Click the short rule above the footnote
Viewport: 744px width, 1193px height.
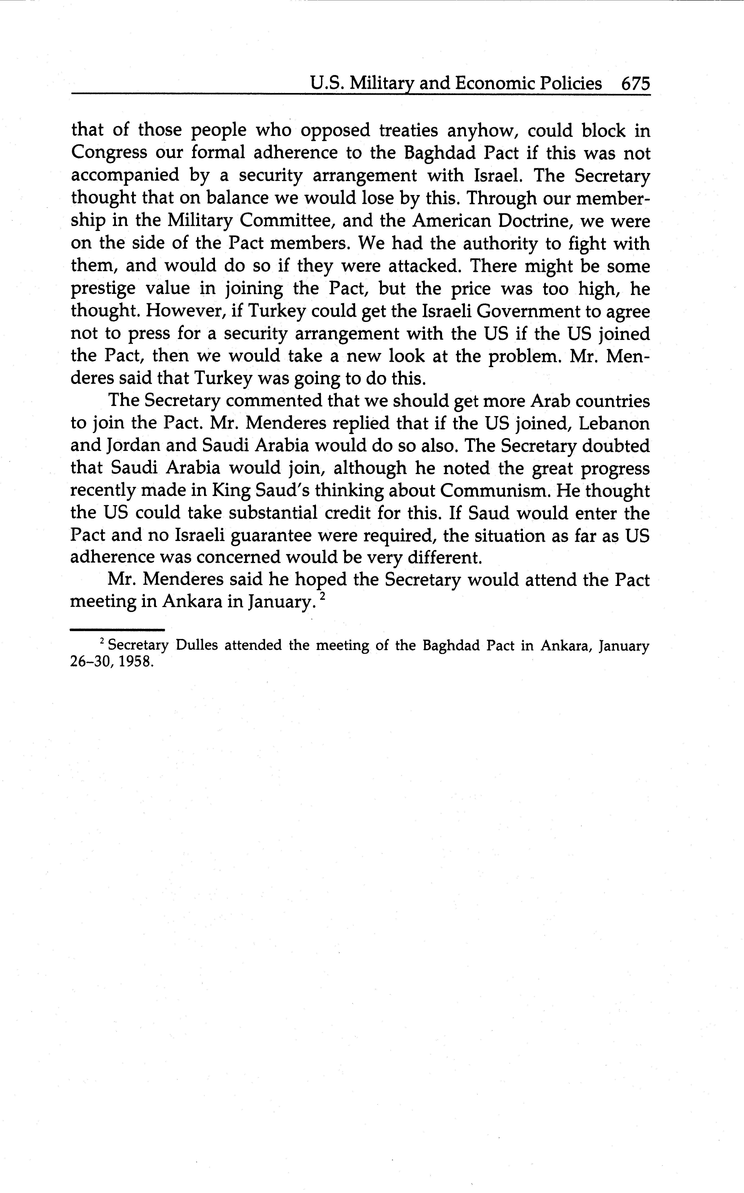117,630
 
